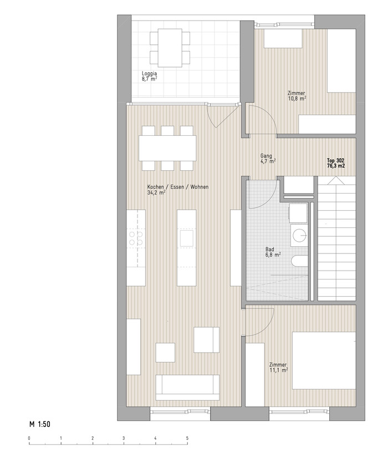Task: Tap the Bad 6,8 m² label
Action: pos(273,252)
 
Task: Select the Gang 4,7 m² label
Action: pos(268,159)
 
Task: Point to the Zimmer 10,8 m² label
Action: pos(297,96)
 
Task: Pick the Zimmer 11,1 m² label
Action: pos(278,367)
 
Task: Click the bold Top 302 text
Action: pos(335,160)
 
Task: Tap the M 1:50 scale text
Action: pos(40,424)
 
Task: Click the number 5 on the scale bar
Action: pos(187,438)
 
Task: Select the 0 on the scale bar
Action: pos(29,438)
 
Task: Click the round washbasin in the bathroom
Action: pos(299,236)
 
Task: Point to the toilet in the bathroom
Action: pos(299,261)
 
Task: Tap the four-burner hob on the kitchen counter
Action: pos(136,238)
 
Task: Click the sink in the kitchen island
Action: pos(186,238)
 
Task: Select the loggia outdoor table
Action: pos(170,48)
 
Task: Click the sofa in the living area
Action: pos(187,388)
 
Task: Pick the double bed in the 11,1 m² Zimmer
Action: pos(324,360)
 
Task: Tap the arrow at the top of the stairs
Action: pos(336,181)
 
